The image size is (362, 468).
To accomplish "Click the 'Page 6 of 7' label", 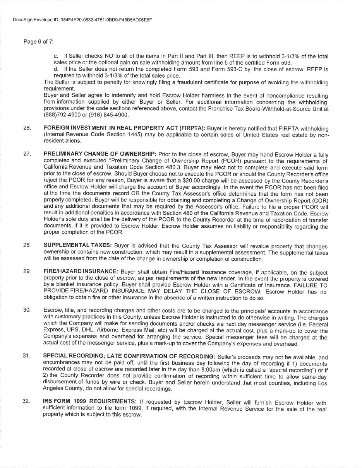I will click(38, 41).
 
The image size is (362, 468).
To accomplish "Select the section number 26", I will click(27, 128).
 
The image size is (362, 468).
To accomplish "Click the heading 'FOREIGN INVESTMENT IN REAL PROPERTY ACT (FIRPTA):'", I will click(125, 128).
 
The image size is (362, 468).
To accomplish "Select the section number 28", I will click(27, 246).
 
